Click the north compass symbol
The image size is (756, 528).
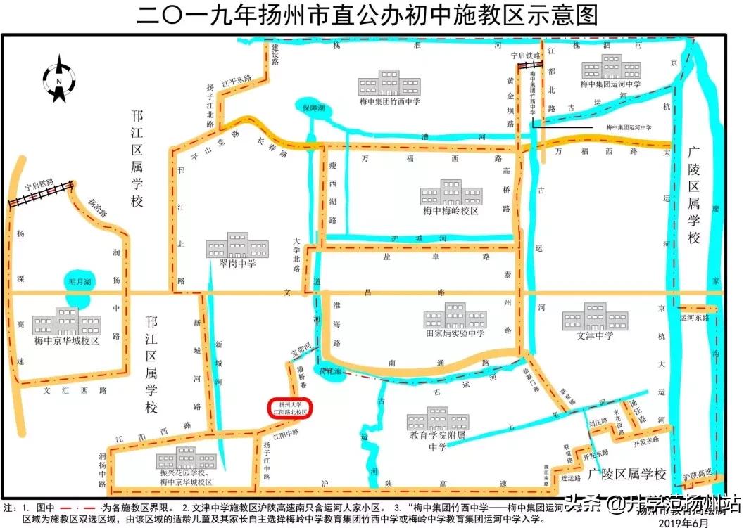(x=59, y=79)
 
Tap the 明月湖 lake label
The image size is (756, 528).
(x=80, y=282)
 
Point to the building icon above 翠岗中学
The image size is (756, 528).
(x=237, y=245)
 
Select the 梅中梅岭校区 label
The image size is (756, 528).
(x=451, y=210)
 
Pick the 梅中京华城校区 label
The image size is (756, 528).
(x=68, y=340)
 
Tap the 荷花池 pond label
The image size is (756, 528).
(x=331, y=371)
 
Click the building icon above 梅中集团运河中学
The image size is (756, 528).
(x=611, y=66)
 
